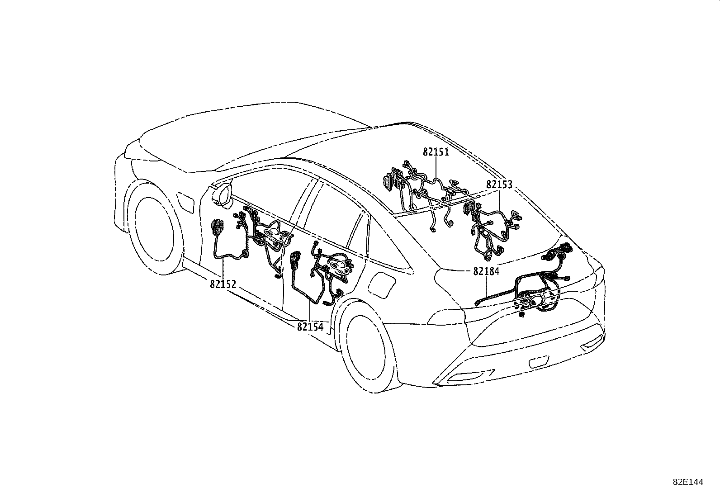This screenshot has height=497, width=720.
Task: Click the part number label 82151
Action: (436, 152)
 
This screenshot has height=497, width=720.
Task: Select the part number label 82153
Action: (499, 185)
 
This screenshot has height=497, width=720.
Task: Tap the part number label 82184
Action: (486, 272)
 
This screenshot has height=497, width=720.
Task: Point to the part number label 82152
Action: (223, 284)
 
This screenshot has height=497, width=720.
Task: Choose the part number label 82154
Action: (310, 326)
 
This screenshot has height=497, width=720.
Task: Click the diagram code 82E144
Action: (688, 483)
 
